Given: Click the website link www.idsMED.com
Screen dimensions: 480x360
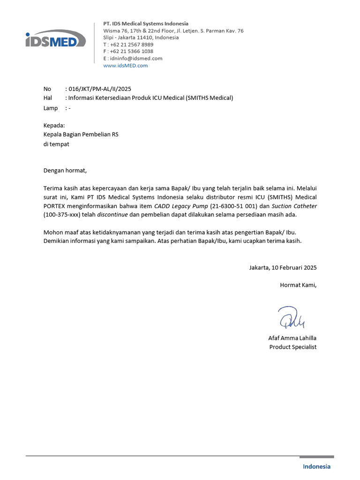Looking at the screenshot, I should coord(125,66).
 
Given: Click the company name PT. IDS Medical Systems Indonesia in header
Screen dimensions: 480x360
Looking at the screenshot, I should coord(146,23).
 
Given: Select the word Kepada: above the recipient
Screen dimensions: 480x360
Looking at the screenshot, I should coord(54,126).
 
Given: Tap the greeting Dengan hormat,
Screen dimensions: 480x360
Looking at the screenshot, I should coord(65,170).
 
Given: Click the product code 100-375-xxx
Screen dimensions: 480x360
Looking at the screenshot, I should coord(64,215).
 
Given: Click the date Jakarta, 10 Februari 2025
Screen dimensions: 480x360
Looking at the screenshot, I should coord(283,268).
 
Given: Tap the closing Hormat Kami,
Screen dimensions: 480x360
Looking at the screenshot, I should coord(298,285).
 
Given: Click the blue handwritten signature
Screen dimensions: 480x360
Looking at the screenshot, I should coord(292,317).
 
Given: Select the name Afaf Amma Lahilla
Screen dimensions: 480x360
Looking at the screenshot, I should coord(292,338).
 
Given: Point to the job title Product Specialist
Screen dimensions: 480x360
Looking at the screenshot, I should coord(292,347).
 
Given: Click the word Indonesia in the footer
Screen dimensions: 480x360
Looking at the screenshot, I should coord(316,466).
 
